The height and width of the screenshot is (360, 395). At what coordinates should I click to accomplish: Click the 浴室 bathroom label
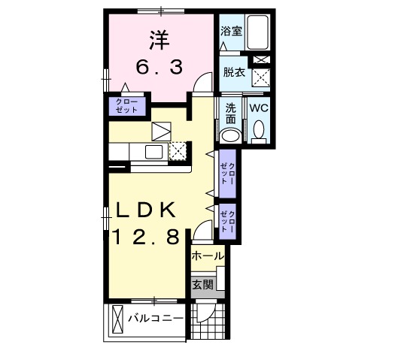coord(230,32)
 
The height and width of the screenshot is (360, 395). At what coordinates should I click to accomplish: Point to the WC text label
coord(259,107)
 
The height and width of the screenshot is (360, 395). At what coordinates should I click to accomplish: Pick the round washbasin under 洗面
coord(230,136)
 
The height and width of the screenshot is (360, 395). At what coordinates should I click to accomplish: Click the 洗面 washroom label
coord(230,113)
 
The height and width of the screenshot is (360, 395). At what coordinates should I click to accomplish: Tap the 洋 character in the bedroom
coord(158,38)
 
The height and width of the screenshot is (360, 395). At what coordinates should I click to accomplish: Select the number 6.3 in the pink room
coord(159,68)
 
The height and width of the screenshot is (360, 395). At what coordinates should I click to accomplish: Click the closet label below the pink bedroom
coord(126,105)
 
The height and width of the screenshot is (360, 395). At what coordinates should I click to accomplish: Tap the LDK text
coord(146,211)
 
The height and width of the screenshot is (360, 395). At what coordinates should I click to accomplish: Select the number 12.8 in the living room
coord(146,238)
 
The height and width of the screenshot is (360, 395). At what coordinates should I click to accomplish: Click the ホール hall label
coord(207,256)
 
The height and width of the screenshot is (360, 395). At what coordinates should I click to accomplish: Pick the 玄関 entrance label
coord(202,284)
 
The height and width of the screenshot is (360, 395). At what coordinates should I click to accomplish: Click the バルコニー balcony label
coord(155,318)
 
